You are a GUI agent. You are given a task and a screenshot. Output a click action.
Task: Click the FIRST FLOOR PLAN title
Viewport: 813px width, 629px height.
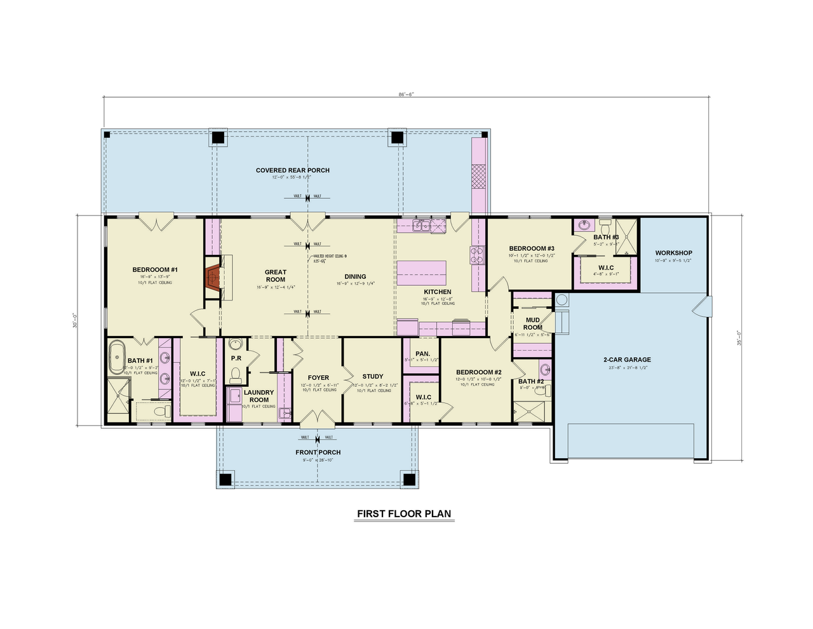[x=404, y=513]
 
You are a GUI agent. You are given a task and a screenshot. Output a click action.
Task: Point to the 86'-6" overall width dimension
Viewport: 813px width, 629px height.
[x=406, y=94]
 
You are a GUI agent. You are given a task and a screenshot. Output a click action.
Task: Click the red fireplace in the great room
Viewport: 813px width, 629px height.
[x=213, y=277]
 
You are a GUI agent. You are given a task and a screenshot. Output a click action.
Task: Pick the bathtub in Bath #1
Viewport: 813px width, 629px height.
[x=117, y=357]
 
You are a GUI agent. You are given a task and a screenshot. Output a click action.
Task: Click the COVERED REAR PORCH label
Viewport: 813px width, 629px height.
[x=293, y=170]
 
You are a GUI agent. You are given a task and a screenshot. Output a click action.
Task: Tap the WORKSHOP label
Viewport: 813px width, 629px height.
[x=673, y=253]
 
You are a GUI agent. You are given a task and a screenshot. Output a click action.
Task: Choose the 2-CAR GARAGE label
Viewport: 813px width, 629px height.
[x=627, y=360]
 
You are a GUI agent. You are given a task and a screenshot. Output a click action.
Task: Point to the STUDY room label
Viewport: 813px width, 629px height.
[x=373, y=377]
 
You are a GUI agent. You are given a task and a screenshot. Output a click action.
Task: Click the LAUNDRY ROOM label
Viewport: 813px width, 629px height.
[x=259, y=396]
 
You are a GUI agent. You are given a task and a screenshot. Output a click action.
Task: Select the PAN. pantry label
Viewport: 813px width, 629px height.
[x=422, y=354]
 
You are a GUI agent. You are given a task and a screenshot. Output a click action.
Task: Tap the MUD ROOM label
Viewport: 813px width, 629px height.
[x=532, y=323]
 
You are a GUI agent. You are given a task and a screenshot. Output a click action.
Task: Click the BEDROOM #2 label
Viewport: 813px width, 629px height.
[x=479, y=372]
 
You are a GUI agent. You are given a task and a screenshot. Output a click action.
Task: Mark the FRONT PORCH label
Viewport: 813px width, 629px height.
[x=318, y=452]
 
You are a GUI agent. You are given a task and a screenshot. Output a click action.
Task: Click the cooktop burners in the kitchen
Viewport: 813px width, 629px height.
[x=476, y=255]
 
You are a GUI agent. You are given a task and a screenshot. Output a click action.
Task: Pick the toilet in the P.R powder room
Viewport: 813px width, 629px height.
[x=236, y=374]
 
